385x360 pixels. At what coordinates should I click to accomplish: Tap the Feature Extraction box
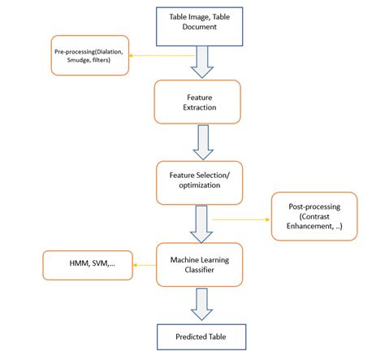[x=197, y=101]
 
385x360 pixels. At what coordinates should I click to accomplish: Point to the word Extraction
[x=197, y=106]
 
